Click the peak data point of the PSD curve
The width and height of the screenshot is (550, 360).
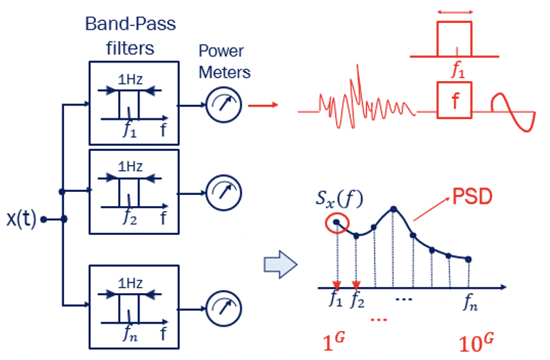coord(393,209)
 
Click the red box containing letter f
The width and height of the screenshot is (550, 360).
coord(453,98)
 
